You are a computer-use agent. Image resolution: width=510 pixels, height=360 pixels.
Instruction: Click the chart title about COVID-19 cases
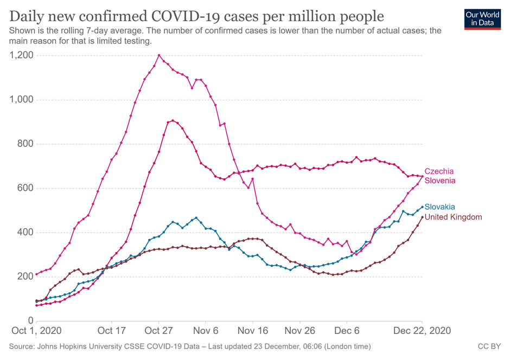(x=197, y=15)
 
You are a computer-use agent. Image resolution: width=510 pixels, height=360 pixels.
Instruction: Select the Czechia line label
(x=439, y=171)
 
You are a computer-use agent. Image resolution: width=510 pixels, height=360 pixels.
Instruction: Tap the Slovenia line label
(x=439, y=181)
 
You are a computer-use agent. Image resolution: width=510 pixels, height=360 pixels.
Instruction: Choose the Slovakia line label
(x=439, y=207)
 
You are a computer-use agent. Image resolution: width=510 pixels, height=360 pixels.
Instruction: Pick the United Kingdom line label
(x=453, y=217)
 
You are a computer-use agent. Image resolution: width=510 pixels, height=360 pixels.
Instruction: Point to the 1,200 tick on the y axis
(x=22, y=55)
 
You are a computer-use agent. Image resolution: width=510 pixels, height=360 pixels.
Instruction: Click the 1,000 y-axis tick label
(x=22, y=100)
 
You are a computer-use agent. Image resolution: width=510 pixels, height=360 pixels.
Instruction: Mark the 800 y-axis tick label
(x=25, y=144)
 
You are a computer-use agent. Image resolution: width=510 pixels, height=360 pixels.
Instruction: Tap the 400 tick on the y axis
(x=25, y=233)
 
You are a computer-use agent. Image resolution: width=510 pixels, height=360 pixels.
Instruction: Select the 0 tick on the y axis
(x=30, y=321)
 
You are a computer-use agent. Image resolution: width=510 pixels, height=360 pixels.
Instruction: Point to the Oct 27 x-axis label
(x=159, y=330)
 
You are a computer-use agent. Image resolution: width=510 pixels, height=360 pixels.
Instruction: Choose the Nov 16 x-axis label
(x=253, y=330)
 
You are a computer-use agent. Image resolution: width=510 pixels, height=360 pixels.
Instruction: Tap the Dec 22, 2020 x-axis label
(x=422, y=330)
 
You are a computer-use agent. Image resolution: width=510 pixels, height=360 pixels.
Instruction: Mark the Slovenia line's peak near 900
(x=173, y=120)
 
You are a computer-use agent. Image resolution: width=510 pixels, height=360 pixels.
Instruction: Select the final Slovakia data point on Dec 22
(x=422, y=207)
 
